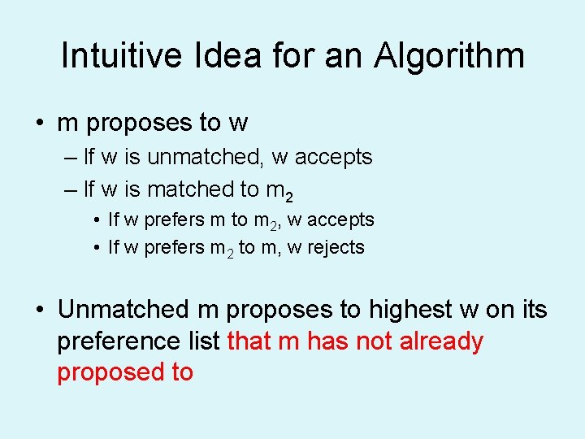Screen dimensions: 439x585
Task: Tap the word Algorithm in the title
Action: pyautogui.click(x=448, y=56)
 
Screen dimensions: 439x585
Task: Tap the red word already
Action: pyautogui.click(x=441, y=341)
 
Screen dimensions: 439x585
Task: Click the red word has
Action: pyautogui.click(x=328, y=341)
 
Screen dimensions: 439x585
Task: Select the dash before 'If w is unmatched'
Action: pyautogui.click(x=69, y=158)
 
